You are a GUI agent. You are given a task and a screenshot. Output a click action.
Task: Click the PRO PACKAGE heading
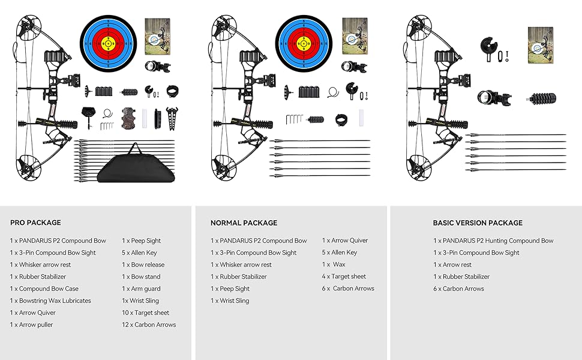tap(35, 223)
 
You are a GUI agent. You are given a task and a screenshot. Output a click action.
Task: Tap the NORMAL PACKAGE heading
tap(244, 223)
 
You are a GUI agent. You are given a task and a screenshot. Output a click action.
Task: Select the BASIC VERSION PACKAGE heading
tap(478, 223)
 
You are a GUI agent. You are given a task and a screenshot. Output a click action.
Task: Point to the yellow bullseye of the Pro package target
tap(108, 43)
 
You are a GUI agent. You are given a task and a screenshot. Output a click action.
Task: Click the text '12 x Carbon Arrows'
tap(149, 325)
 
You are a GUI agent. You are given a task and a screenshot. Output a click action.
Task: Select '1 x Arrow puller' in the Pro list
tap(31, 325)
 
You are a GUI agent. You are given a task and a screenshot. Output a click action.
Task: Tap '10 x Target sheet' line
tap(146, 313)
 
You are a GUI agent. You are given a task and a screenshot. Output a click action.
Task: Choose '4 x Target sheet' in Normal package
tap(344, 277)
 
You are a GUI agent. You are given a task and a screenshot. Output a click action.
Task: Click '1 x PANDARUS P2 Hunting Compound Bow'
tap(493, 241)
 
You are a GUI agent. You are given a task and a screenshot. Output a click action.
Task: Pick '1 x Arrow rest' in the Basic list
tap(452, 265)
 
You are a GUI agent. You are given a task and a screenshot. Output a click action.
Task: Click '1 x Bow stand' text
tap(141, 277)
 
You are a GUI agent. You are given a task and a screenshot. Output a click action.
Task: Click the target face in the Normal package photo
tap(304, 43)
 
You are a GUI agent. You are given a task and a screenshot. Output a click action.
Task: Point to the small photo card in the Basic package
tap(539, 45)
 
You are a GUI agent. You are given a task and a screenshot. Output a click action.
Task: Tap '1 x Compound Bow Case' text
tap(44, 289)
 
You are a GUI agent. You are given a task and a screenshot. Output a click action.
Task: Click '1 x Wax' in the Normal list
tap(334, 265)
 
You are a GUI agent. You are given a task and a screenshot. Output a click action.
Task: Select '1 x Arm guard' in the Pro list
tap(142, 289)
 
